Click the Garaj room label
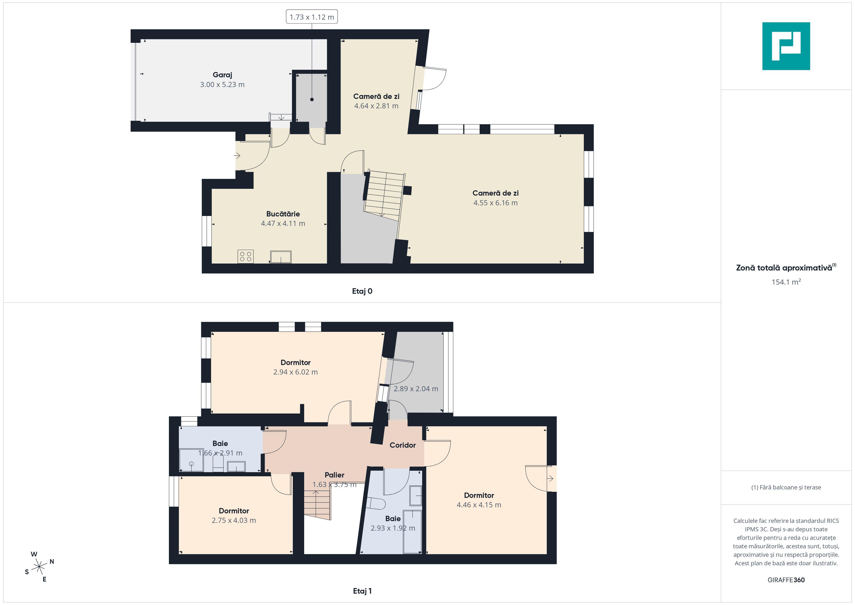click(222, 75)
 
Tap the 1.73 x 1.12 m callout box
click(312, 17)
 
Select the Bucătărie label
click(283, 214)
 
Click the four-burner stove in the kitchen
click(245, 256)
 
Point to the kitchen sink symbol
click(281, 257)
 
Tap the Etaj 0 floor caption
click(362, 291)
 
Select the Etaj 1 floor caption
click(362, 591)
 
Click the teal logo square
click(786, 46)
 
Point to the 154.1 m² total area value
click(786, 282)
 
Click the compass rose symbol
click(39, 567)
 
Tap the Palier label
click(334, 475)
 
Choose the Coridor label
click(403, 445)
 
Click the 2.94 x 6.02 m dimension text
click(295, 372)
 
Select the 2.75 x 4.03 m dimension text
click(234, 520)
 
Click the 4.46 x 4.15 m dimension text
click(479, 505)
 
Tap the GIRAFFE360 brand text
click(786, 580)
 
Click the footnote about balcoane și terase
click(786, 487)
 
